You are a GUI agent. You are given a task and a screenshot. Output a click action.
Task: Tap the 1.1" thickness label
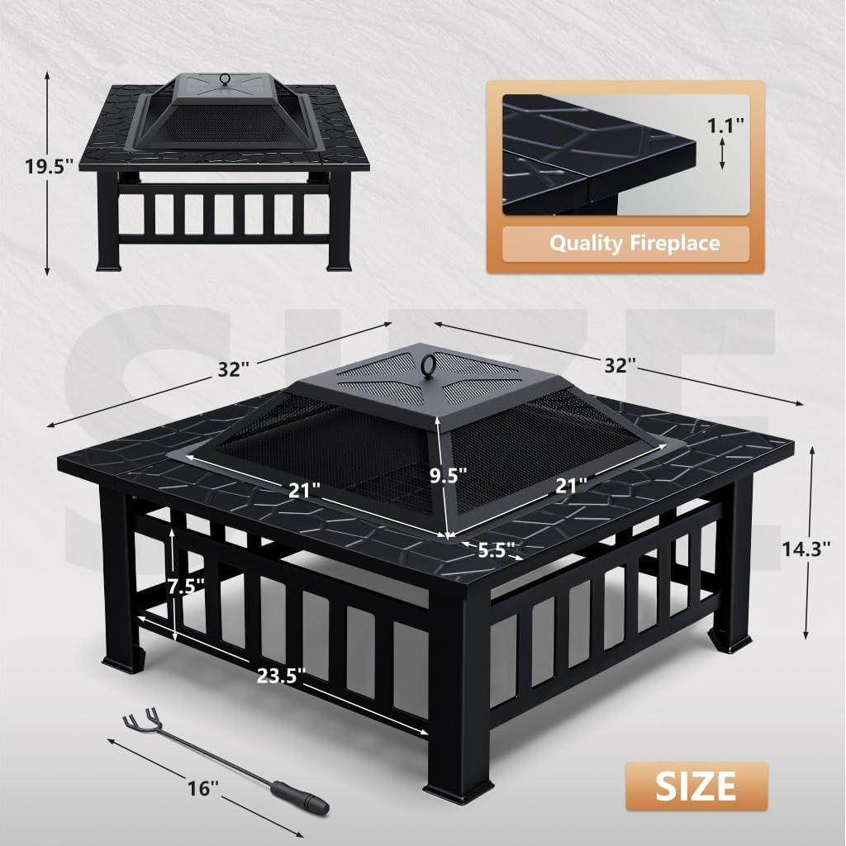pyautogui.click(x=725, y=126)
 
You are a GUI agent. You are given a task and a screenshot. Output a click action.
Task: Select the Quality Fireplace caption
pyautogui.click(x=634, y=243)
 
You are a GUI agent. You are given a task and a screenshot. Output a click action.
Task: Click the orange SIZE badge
pyautogui.click(x=696, y=785)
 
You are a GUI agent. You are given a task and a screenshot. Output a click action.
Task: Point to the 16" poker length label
pyautogui.click(x=201, y=787)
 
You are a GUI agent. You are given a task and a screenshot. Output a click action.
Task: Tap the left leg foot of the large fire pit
pyautogui.click(x=122, y=663)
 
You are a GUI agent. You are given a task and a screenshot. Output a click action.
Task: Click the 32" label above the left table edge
pyautogui.click(x=234, y=368)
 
